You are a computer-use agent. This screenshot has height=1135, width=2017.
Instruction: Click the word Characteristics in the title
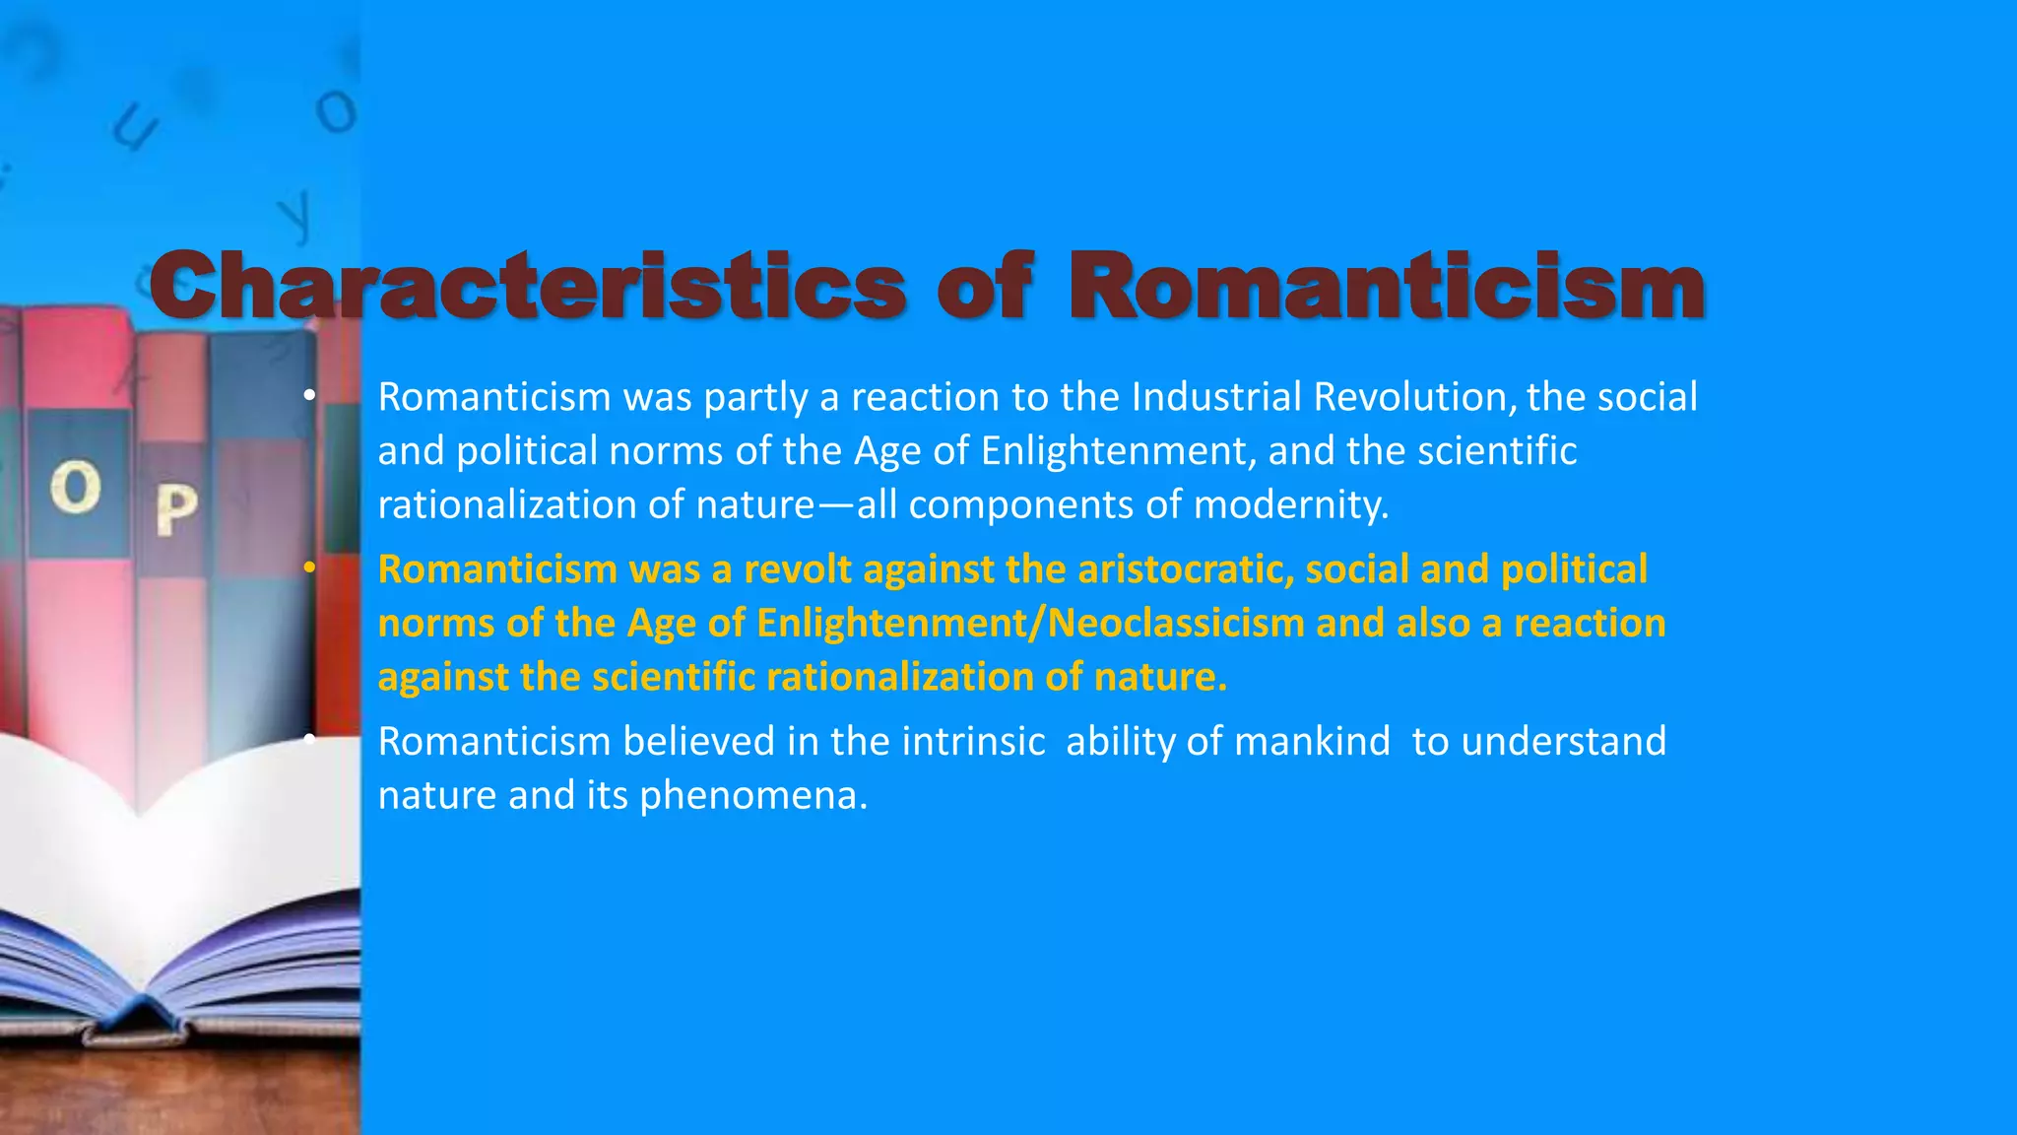pyautogui.click(x=527, y=286)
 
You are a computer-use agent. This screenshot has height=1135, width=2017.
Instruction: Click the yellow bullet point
pyautogui.click(x=309, y=568)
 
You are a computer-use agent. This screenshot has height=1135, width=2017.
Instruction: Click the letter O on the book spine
pyautogui.click(x=76, y=489)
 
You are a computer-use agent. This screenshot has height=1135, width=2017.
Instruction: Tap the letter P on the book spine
pyautogui.click(x=176, y=508)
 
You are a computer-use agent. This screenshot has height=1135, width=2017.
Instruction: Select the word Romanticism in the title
pyautogui.click(x=1387, y=286)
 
